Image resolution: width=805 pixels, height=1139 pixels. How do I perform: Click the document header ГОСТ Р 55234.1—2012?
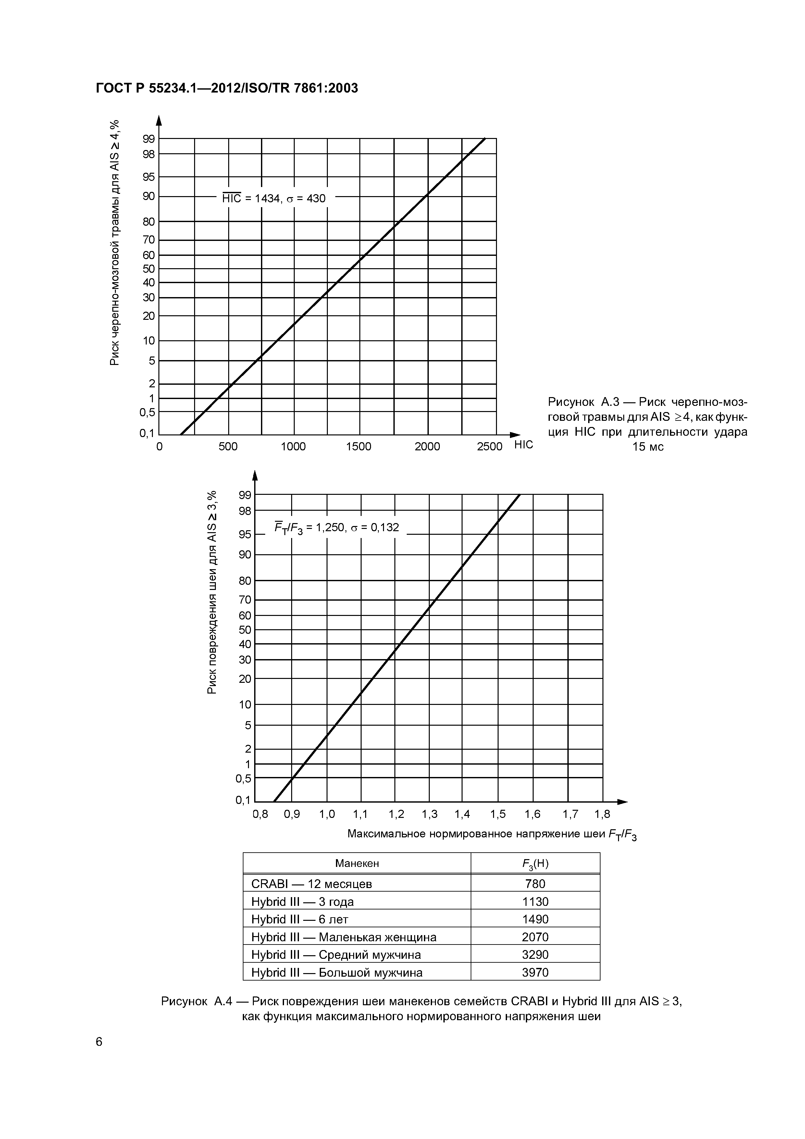tap(226, 88)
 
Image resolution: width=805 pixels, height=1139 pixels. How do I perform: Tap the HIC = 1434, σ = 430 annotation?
tap(274, 198)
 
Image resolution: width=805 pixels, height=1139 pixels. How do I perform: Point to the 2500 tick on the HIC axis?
tap(489, 446)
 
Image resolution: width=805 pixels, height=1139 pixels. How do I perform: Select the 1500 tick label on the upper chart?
tap(359, 446)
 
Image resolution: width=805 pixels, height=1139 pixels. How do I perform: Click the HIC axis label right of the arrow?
tap(524, 444)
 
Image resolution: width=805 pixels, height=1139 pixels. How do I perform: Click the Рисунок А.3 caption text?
tap(647, 424)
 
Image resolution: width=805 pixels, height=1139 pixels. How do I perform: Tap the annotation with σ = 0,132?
tap(337, 527)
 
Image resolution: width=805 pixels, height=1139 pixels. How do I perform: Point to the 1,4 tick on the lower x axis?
tap(462, 814)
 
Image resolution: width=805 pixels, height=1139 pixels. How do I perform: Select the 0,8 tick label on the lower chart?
tap(260, 814)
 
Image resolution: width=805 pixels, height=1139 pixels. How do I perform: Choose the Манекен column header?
tap(357, 863)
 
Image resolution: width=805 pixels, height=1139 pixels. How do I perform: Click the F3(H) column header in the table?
tap(535, 864)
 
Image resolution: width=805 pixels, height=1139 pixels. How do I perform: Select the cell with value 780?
tap(535, 883)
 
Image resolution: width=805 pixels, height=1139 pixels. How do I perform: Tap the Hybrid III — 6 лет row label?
tap(300, 919)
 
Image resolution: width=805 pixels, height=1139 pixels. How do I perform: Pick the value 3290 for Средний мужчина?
tap(535, 955)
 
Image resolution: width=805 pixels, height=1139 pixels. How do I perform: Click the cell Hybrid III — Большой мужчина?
tap(337, 972)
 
